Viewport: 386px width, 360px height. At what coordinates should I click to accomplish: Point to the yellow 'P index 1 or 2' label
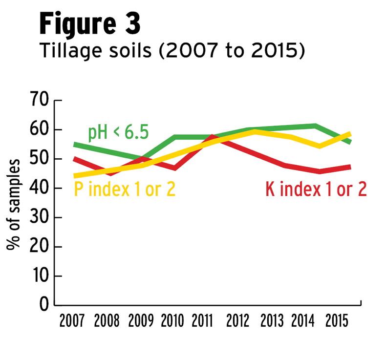[124, 188]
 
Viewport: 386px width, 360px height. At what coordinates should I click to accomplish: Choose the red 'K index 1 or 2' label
[316, 189]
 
